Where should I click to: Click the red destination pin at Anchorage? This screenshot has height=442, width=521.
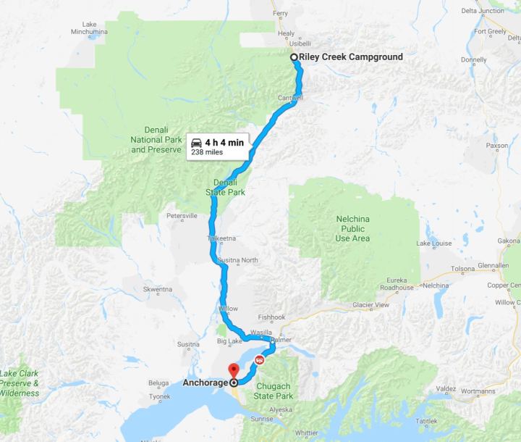pos(233,370)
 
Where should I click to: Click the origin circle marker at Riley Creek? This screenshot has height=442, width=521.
pos(294,57)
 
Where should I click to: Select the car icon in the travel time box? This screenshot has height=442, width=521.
pos(195,142)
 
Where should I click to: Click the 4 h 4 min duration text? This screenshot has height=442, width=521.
pos(224,142)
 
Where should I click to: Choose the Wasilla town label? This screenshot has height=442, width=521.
pos(260,332)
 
